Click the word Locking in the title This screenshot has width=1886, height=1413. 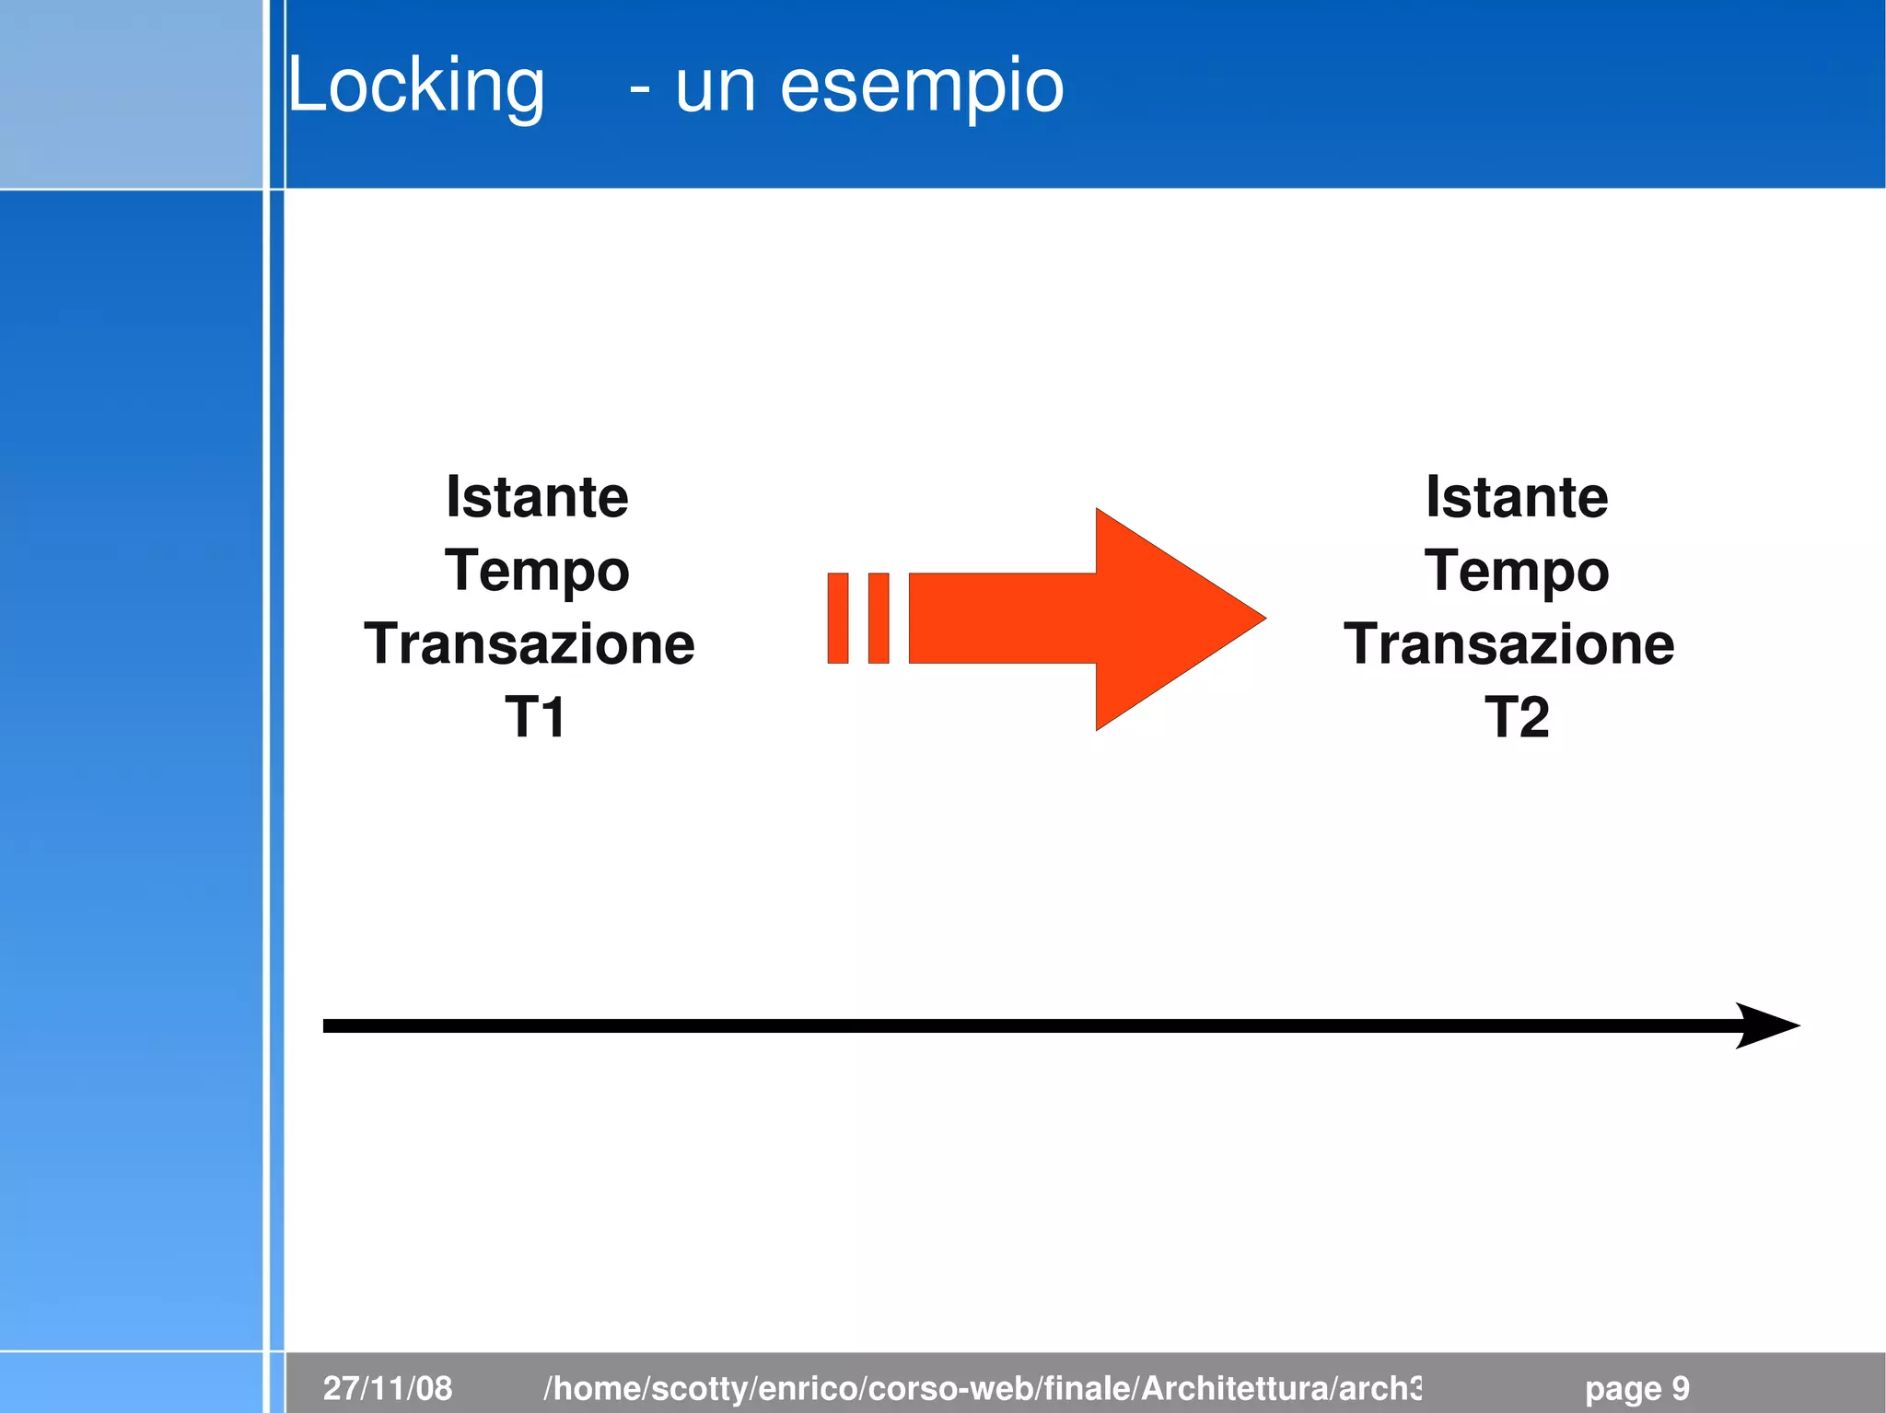[416, 87]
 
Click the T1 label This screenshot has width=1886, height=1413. [535, 717]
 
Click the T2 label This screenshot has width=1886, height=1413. [1516, 717]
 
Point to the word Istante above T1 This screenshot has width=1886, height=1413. [537, 498]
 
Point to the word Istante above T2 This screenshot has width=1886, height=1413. [1517, 498]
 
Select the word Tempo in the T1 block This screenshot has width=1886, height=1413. [537, 572]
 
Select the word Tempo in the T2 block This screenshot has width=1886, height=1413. [1517, 572]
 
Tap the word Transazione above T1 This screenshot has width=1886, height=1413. [530, 643]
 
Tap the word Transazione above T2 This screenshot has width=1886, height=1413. [1508, 643]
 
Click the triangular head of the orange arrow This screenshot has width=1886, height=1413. [1170, 619]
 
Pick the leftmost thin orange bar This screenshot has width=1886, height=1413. [837, 618]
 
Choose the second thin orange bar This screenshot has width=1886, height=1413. [879, 618]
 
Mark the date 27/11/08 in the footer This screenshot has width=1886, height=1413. [388, 1388]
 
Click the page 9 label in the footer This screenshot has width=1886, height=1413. [1636, 1388]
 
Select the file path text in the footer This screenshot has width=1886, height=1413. [982, 1388]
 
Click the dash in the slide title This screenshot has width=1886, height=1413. [640, 90]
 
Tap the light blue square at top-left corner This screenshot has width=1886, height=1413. [131, 94]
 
